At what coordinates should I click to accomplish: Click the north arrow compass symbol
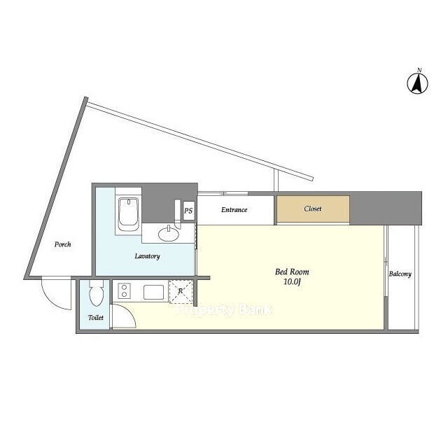click(417, 83)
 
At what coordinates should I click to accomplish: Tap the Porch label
click(62, 244)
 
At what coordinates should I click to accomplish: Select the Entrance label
click(234, 210)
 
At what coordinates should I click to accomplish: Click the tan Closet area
click(313, 209)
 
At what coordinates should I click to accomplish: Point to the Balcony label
click(400, 274)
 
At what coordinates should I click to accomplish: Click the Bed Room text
click(292, 272)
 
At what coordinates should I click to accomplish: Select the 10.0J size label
click(292, 282)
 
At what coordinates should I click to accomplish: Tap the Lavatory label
click(147, 256)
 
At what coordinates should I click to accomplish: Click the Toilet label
click(96, 317)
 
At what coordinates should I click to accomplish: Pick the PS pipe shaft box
click(188, 211)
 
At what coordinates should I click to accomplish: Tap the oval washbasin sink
click(169, 234)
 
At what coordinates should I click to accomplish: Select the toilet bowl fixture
click(96, 293)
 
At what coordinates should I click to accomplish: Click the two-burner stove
click(125, 291)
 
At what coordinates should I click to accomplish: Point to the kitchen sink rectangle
click(154, 293)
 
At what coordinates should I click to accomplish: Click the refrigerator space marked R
click(181, 291)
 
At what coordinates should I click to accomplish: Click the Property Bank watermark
click(224, 309)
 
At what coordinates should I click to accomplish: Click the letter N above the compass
click(419, 70)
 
